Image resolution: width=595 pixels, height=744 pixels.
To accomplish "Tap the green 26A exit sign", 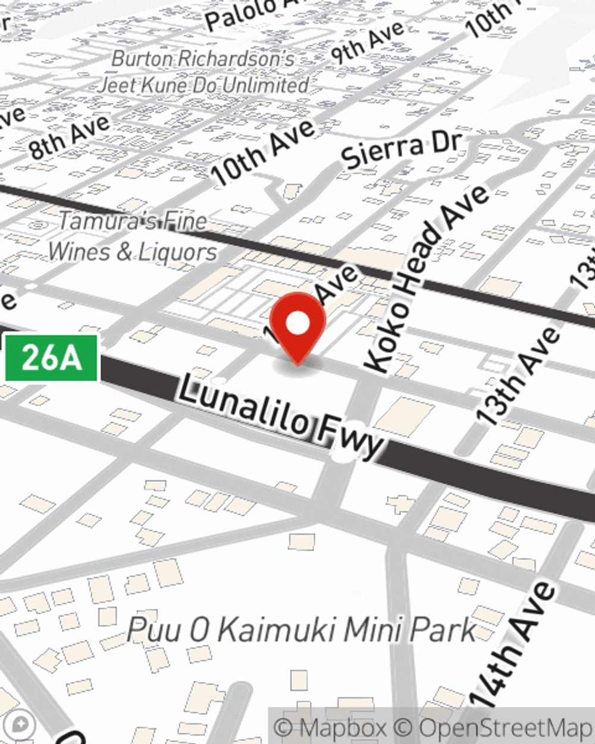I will click(x=51, y=358).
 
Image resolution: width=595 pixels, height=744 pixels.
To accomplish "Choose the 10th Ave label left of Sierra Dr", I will click(x=263, y=152).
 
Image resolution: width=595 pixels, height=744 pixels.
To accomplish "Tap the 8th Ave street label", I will click(x=70, y=136).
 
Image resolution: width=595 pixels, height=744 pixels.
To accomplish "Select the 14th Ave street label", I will click(x=512, y=646).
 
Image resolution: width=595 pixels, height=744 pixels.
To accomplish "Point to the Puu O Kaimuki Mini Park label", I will click(x=302, y=630).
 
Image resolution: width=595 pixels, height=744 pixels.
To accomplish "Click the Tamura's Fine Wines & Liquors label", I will click(x=132, y=236).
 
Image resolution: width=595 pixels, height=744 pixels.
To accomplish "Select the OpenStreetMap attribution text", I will click(x=505, y=727).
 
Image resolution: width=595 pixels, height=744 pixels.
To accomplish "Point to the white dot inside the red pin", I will click(x=297, y=324).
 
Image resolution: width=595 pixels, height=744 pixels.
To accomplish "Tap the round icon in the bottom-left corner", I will click(x=20, y=725).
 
